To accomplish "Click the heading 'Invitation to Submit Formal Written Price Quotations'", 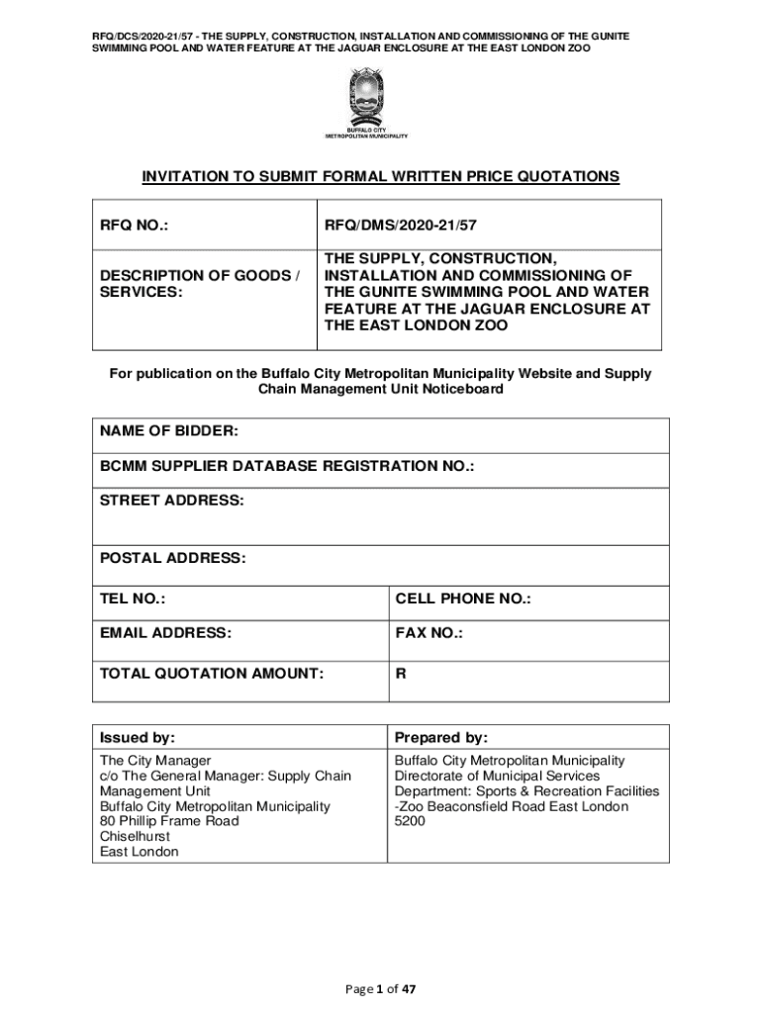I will [x=380, y=177].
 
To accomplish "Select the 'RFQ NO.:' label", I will [x=134, y=226].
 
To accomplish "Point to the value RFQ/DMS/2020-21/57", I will [x=408, y=226].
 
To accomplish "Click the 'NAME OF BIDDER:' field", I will [x=169, y=432].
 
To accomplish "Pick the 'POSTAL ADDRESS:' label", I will [x=172, y=559].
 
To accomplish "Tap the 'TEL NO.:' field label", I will [x=133, y=599].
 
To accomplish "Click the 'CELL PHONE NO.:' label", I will [x=463, y=599].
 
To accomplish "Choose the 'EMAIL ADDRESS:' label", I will [x=165, y=633].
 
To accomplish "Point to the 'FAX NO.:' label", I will [x=429, y=633].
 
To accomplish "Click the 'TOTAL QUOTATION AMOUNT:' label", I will [x=212, y=674].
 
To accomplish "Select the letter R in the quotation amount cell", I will [x=401, y=674].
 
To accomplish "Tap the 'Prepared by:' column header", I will [x=441, y=738].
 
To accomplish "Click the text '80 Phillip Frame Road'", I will [x=169, y=821].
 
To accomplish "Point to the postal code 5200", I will [x=411, y=821].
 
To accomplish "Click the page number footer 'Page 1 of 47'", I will [x=380, y=988].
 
